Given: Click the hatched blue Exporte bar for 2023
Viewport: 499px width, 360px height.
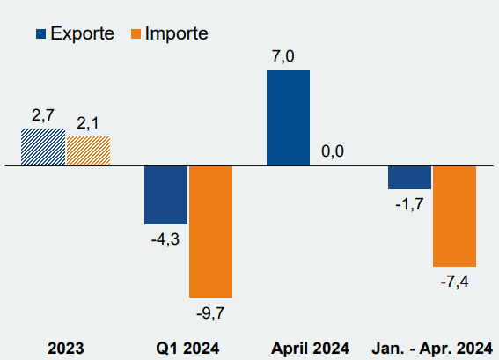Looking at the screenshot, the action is click(43, 147).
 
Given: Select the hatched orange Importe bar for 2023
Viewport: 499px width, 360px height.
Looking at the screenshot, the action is click(89, 151).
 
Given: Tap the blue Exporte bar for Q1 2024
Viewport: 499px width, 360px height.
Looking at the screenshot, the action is click(165, 195).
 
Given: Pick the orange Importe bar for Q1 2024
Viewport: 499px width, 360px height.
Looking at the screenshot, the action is click(210, 231).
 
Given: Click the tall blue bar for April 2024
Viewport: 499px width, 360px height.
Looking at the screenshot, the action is click(288, 118).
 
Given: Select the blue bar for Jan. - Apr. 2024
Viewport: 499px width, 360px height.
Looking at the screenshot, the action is click(409, 178).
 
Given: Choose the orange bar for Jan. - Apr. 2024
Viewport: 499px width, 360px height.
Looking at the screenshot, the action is click(454, 217).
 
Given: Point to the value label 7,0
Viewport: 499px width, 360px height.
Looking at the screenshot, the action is click(283, 56).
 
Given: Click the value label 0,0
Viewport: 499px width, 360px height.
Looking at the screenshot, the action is click(333, 151).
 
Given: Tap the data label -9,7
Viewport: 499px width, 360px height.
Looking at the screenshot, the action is click(210, 313).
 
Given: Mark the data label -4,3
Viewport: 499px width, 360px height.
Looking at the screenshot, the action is click(165, 239).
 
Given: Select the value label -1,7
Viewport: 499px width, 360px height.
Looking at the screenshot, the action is click(409, 204).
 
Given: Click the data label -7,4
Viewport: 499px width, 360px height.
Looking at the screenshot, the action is click(454, 282).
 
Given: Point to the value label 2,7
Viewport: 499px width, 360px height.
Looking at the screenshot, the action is click(43, 115).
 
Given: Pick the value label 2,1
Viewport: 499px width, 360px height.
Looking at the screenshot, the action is click(88, 123).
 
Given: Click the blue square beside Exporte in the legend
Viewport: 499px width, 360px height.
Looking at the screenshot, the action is click(40, 33).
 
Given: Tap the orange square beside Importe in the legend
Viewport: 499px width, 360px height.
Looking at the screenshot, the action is click(136, 33).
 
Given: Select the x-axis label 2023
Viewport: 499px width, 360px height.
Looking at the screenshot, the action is click(65, 349).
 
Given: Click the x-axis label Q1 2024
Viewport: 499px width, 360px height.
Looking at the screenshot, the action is click(187, 349).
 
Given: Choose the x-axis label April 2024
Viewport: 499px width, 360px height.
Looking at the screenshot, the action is click(310, 349).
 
